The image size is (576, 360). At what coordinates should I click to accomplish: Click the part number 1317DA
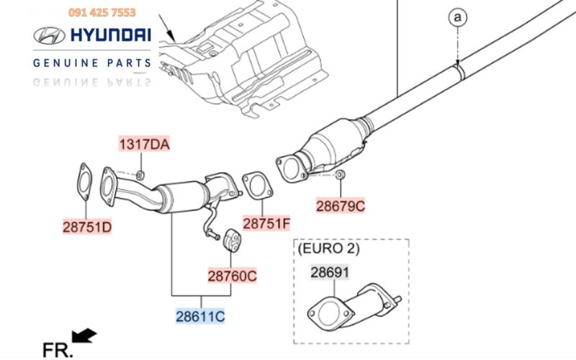144,145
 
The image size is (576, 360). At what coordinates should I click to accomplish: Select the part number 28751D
86,228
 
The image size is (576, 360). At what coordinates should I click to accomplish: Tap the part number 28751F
266,224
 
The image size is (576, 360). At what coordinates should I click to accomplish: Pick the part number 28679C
341,206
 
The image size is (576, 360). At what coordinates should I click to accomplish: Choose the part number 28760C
232,275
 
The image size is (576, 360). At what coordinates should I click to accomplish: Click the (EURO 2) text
328,249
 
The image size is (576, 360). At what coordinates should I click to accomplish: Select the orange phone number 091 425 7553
102,12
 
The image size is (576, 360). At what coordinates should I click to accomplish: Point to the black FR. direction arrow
86,335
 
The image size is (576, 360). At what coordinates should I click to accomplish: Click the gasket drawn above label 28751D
84,182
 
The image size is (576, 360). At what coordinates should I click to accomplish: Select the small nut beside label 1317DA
141,175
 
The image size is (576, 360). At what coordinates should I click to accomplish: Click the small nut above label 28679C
341,176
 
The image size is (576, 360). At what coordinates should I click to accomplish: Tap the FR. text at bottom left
58,350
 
